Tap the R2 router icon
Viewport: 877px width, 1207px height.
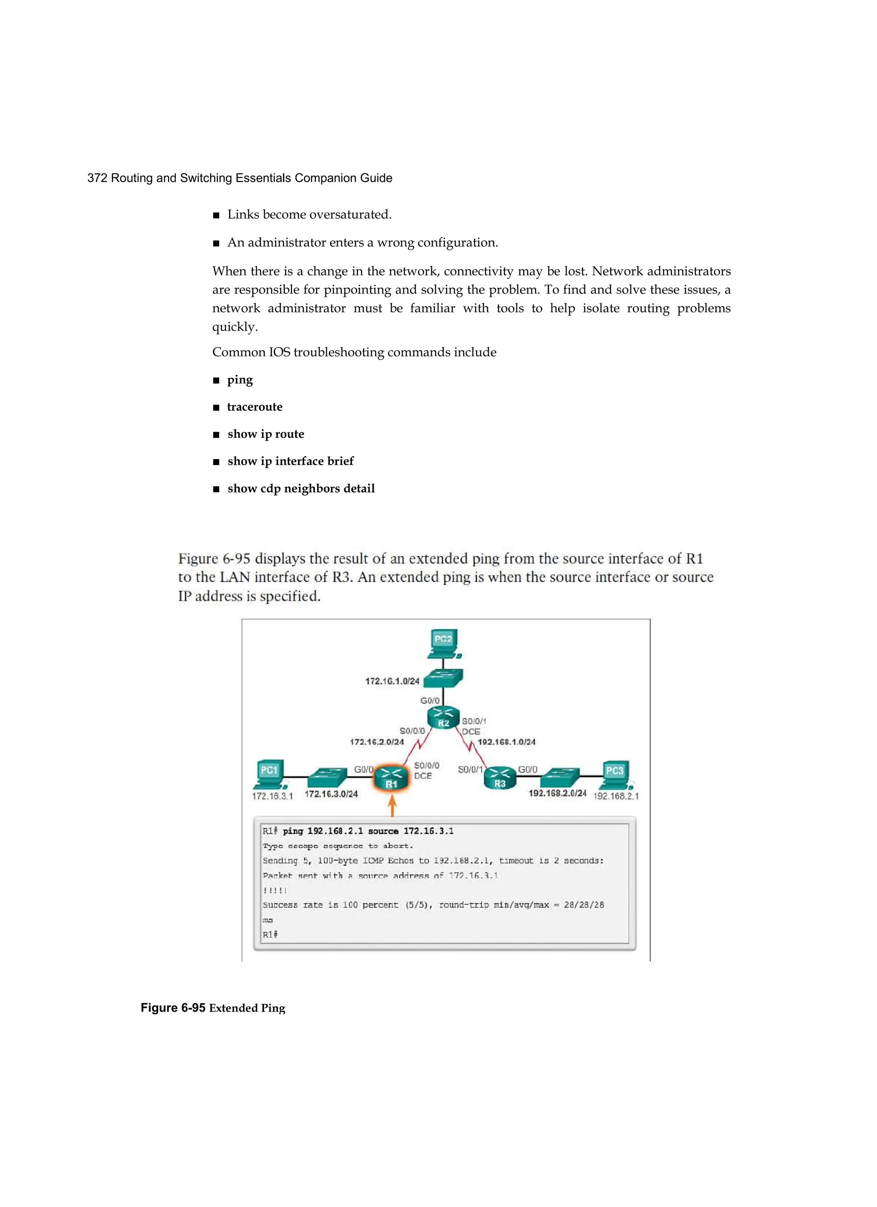point(443,717)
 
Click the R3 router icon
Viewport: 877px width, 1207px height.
point(499,777)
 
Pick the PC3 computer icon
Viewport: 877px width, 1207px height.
point(615,775)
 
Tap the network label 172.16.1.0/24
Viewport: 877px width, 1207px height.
point(392,681)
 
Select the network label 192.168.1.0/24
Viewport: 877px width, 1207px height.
point(506,742)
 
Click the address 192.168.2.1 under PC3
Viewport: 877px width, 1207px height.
point(616,796)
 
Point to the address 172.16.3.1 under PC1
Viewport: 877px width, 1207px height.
point(272,796)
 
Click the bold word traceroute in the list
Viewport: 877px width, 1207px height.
point(254,407)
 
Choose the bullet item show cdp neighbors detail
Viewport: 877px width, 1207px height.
point(301,489)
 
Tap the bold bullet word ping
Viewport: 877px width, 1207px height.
point(240,380)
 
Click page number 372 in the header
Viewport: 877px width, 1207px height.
point(97,178)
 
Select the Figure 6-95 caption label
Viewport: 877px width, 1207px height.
point(173,1008)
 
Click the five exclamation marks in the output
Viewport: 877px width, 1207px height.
point(274,890)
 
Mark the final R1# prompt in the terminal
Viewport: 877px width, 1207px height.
point(270,935)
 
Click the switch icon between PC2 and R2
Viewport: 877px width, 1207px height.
point(445,678)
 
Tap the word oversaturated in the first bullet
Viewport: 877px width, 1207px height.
point(350,215)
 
